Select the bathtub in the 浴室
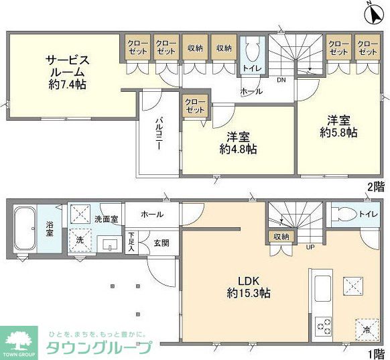(25, 230)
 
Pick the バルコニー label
(161, 135)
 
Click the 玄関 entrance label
(161, 243)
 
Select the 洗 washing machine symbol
(80, 239)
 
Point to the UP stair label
(310, 247)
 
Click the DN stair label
(281, 80)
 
